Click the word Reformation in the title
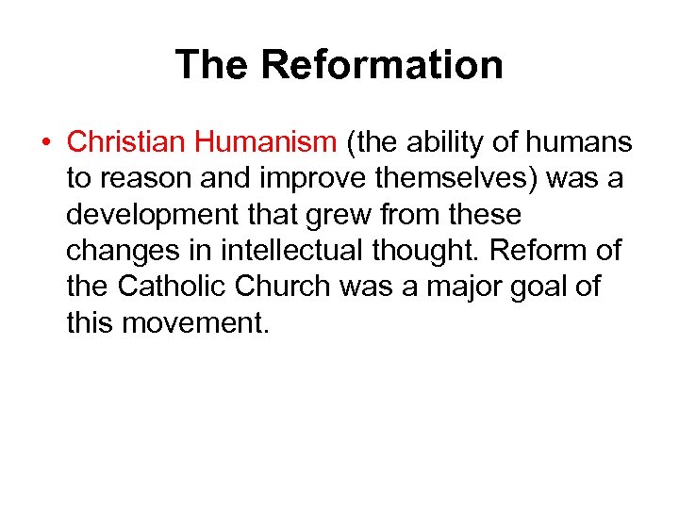tap(382, 65)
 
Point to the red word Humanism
tap(265, 142)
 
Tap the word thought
tap(439, 251)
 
